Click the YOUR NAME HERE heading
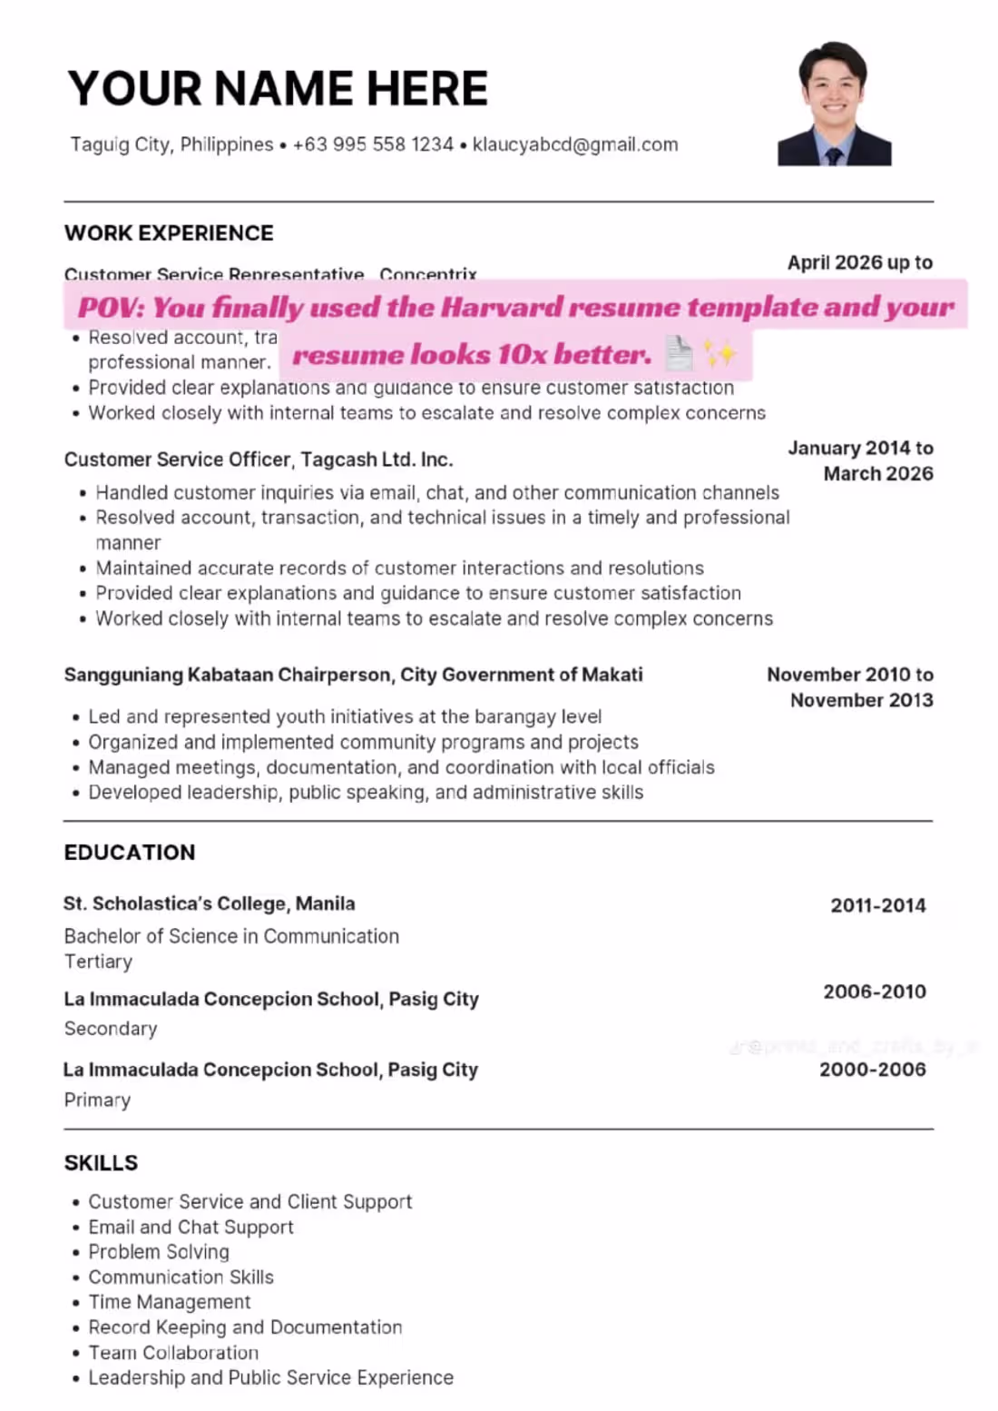pos(278,88)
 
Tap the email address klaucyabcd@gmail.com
pos(575,144)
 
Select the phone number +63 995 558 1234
pos(373,144)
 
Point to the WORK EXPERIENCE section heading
pos(169,233)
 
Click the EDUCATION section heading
pos(130,853)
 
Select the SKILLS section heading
pos(101,1163)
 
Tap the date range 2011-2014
pos(877,905)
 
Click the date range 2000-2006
pos(872,1070)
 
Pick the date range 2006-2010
pos(874,992)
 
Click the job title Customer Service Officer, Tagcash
pos(259,459)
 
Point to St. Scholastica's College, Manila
pos(209,903)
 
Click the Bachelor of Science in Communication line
pos(231,936)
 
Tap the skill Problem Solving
pos(159,1252)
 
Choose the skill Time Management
pos(170,1302)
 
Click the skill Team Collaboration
pos(173,1353)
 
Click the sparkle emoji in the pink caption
pos(720,354)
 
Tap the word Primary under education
pos(97,1100)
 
